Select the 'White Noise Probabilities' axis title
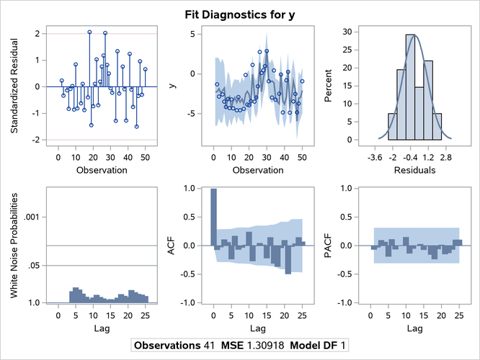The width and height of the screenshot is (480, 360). tap(14, 245)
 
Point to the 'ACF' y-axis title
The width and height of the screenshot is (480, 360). tap(171, 245)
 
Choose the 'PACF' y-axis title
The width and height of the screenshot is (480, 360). tap(329, 245)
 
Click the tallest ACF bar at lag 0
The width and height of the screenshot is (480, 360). tap(213, 217)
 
